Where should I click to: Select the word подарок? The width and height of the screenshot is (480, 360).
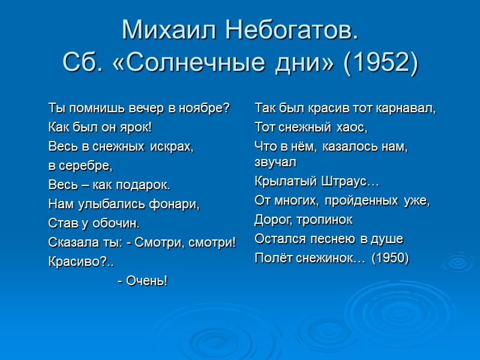[x=143, y=184]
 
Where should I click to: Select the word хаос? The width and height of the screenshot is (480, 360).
[x=350, y=127]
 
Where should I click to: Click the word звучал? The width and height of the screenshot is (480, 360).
[x=275, y=162]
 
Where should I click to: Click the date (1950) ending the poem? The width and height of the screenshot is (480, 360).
[x=390, y=258]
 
